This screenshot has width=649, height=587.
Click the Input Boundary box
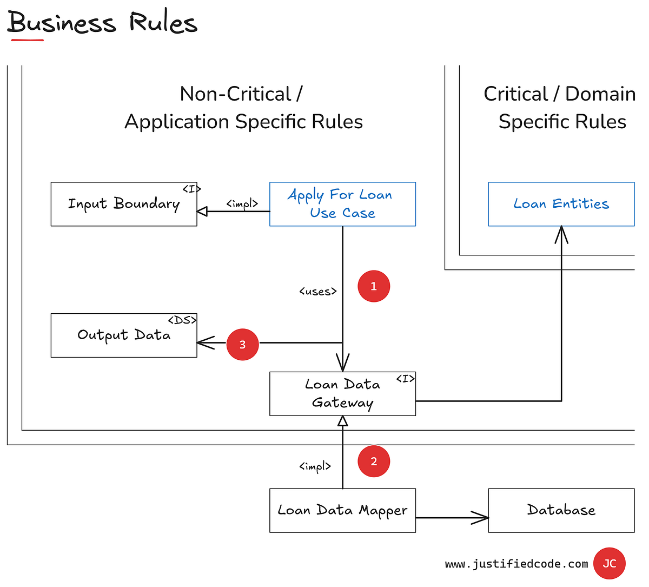124,204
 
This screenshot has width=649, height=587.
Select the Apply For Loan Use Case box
342,204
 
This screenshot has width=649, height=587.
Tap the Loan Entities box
561,204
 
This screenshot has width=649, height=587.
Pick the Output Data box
124,335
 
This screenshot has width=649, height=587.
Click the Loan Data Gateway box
342,394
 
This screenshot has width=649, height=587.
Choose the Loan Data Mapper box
342,510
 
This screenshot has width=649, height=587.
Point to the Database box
561,510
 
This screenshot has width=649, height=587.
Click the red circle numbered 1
374,286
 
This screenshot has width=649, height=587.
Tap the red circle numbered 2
374,461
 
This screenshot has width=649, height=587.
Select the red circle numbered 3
242,344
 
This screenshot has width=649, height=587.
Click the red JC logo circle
609,563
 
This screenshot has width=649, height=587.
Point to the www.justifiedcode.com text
516,564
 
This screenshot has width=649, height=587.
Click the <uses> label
318,292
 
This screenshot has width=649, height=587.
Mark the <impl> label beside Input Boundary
242,204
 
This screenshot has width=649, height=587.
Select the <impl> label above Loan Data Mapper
315,466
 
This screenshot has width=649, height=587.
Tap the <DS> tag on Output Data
182,320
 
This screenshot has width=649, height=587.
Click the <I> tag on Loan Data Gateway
405,379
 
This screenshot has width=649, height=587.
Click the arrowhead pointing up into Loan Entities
561,234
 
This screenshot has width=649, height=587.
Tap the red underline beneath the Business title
27,39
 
